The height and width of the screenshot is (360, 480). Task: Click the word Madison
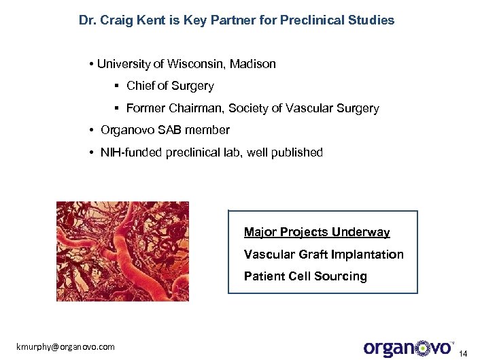[x=253, y=64]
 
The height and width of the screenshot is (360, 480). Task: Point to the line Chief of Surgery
[x=170, y=86]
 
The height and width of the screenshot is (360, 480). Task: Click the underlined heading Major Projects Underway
[x=317, y=233]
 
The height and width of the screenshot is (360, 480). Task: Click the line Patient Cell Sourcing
[x=305, y=276]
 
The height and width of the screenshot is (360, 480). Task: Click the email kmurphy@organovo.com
[x=66, y=347]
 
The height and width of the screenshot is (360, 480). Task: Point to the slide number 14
[x=464, y=353]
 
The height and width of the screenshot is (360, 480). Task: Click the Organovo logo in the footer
[x=409, y=347]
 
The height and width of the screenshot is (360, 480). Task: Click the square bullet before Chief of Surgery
[x=117, y=86]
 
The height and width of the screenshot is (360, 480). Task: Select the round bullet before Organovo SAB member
[x=91, y=130]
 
